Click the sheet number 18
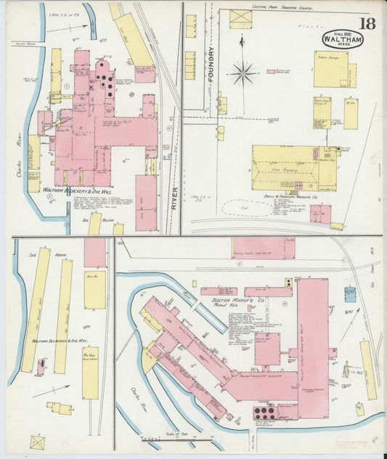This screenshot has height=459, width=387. click(367, 23)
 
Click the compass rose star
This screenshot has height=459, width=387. click(243, 73)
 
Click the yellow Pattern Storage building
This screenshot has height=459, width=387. click(330, 69)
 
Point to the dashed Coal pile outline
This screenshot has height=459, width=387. click(247, 208)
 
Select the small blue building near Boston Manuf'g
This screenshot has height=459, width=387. click(350, 293)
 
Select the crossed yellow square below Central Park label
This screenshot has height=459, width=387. click(240, 20)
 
